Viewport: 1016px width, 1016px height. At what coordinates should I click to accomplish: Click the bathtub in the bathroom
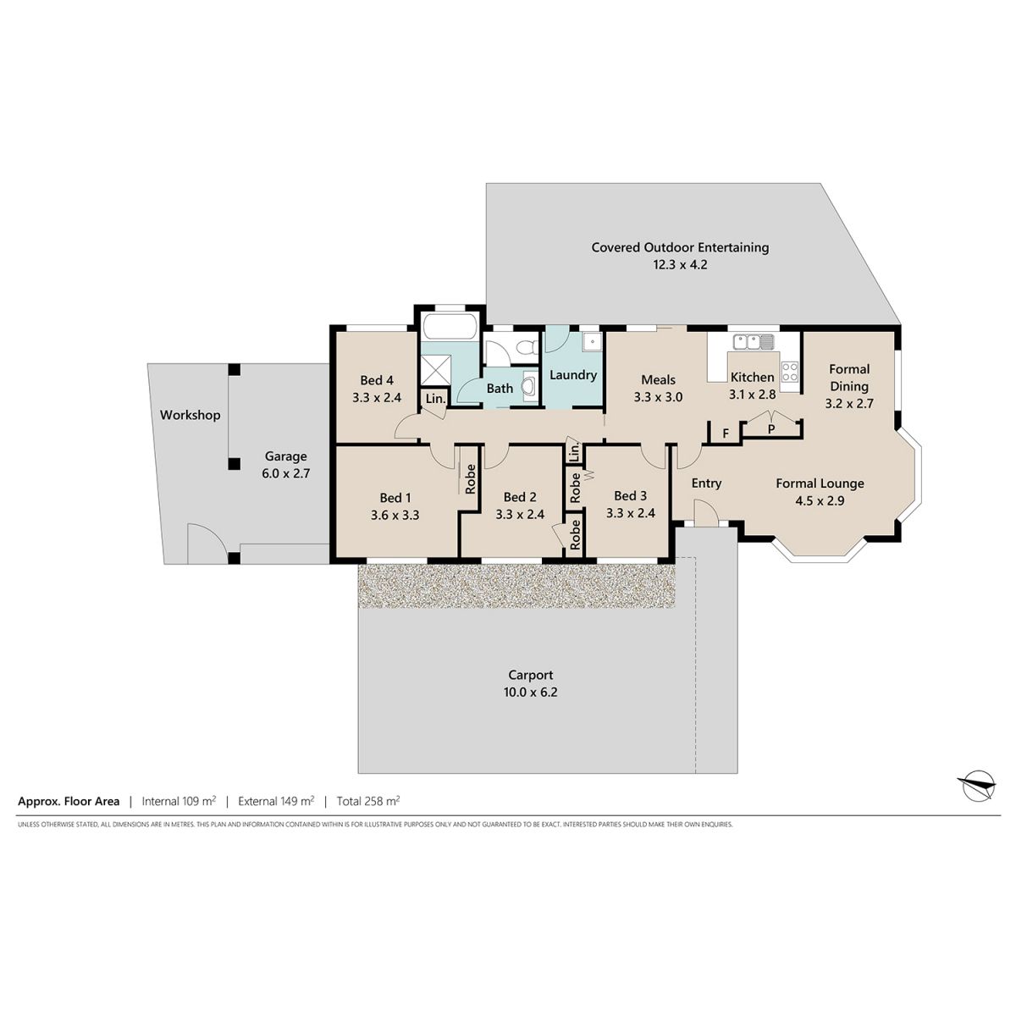coord(450,326)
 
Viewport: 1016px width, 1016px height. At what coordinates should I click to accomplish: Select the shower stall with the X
coord(435,370)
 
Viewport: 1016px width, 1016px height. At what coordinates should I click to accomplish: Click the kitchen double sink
coord(753,342)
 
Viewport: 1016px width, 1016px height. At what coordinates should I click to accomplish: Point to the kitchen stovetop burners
coord(789,371)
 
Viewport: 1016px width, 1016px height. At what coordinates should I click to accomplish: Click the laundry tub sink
coord(592,342)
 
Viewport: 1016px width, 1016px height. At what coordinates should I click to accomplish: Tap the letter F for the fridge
coord(726,433)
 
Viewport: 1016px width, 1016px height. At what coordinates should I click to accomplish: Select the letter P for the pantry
coord(770,430)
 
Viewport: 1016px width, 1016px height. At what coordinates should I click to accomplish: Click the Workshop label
coord(190,415)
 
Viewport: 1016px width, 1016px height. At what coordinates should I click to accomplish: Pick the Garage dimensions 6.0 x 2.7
coord(286,473)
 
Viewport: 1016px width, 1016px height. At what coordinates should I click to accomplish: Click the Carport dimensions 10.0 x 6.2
coord(530,693)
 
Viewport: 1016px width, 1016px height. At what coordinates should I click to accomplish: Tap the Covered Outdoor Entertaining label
coord(680,247)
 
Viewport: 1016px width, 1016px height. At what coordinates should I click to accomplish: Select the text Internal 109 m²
coord(179,801)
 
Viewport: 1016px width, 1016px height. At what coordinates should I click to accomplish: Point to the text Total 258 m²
coord(368,801)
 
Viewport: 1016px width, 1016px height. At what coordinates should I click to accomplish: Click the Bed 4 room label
coord(377,380)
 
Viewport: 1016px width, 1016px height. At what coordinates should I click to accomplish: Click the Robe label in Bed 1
coord(470,478)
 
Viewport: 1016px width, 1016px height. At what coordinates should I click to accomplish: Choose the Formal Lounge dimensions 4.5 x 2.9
coord(820,500)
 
